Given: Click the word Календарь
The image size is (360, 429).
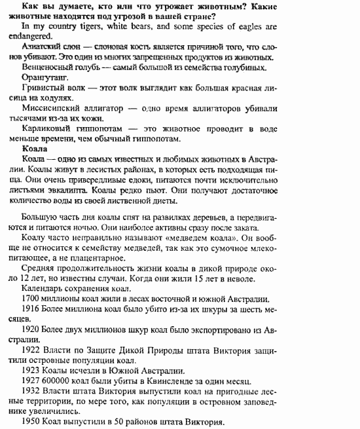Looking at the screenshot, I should pos(45,288).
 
